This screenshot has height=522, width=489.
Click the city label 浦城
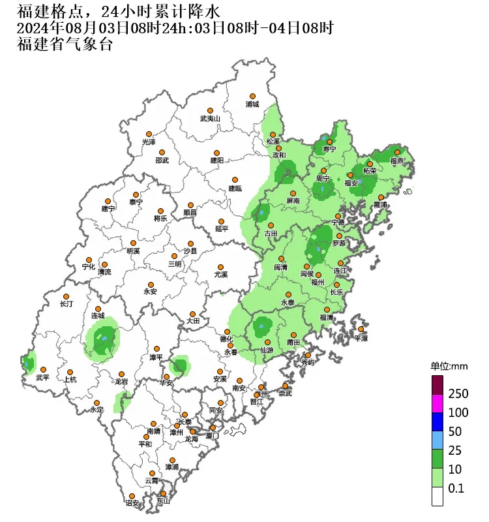(252, 104)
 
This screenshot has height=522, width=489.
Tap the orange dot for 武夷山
(210, 111)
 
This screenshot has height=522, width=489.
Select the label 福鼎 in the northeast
(396, 160)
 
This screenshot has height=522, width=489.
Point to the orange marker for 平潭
(361, 329)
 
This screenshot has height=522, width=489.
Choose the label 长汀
(67, 304)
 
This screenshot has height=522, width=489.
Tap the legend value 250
(459, 393)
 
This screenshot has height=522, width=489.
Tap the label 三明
(175, 264)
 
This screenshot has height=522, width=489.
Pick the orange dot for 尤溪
(221, 267)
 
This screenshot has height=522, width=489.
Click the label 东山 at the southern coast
(163, 501)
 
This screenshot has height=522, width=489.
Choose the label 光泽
(149, 142)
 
